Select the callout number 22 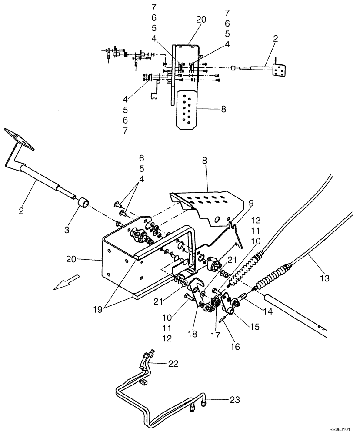tap(173, 364)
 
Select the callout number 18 tap(192, 334)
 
